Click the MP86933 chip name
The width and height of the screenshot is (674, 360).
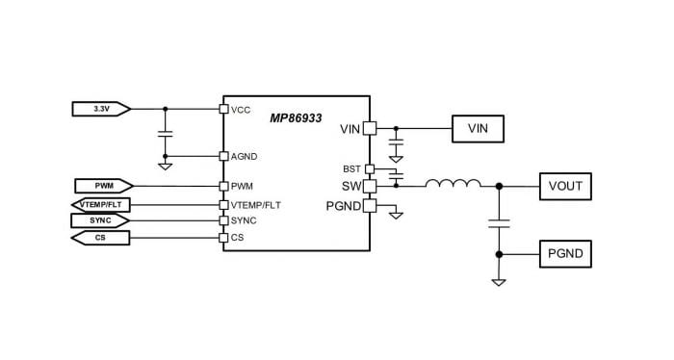tap(295, 116)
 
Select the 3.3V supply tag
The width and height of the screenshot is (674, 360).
tap(101, 109)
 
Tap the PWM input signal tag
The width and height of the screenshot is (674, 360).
tap(103, 185)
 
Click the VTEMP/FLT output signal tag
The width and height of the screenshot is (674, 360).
tap(101, 203)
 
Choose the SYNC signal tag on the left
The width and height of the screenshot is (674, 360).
tap(101, 220)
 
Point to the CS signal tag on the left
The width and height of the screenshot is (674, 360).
tap(101, 238)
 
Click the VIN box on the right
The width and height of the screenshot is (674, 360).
tap(478, 128)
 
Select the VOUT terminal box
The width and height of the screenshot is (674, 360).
tap(564, 185)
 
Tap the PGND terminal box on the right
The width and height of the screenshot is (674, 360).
tap(564, 255)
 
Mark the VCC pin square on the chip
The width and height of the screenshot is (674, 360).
tap(223, 109)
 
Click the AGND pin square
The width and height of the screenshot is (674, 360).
tap(223, 156)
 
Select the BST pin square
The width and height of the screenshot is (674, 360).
tap(369, 168)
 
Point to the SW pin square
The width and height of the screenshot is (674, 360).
tap(369, 185)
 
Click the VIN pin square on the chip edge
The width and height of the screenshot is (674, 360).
tap(369, 128)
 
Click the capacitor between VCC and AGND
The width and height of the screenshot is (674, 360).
tap(165, 133)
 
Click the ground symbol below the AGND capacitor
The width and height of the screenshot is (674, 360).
tap(165, 167)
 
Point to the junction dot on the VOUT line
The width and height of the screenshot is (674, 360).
tap(498, 185)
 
